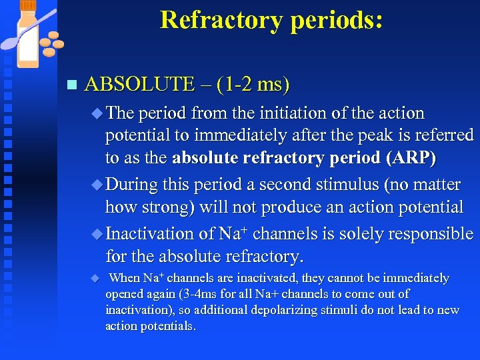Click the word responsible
(432, 234)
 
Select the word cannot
(323, 278)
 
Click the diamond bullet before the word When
(95, 277)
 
